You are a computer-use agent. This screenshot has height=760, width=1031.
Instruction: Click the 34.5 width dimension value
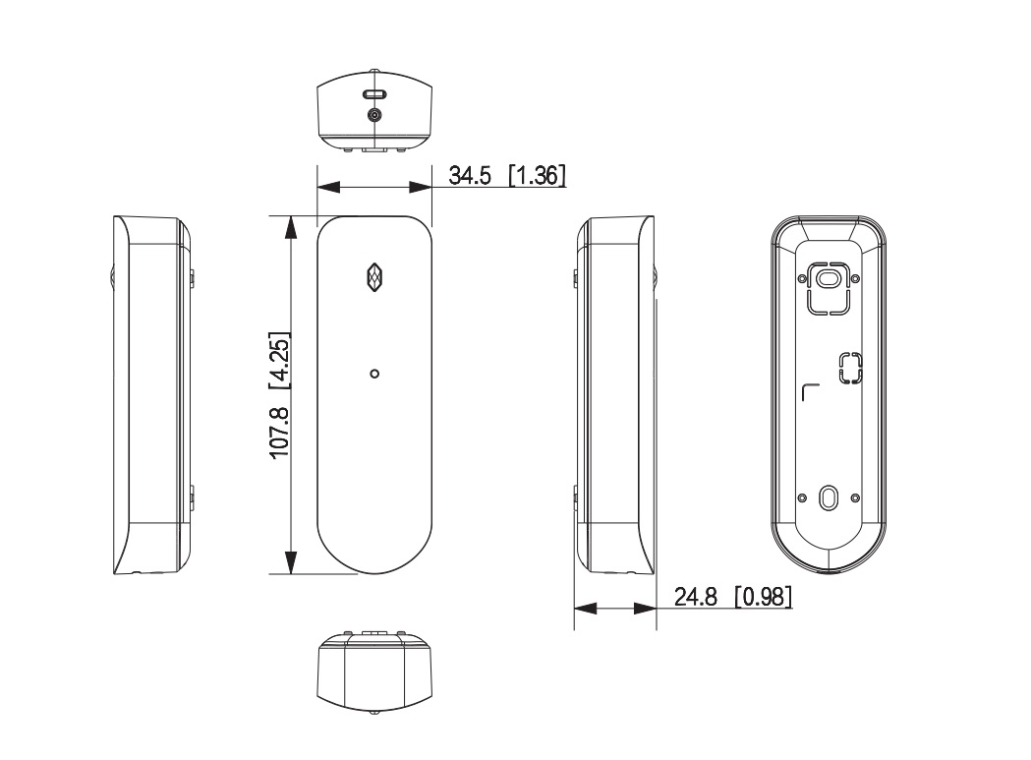point(470,176)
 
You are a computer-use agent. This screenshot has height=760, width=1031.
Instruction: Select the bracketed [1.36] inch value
point(538,176)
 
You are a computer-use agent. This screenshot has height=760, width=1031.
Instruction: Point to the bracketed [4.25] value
point(280,361)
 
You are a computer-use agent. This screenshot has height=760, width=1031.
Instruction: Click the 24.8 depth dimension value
point(695,597)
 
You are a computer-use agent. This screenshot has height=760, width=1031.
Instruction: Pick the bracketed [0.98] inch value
point(763,597)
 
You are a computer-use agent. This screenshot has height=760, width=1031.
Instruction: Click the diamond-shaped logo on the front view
point(374,277)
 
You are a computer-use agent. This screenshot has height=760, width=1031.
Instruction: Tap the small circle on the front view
point(374,374)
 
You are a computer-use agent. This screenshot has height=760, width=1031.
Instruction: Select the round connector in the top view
point(374,115)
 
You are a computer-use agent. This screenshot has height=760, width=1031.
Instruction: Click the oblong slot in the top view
point(374,94)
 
